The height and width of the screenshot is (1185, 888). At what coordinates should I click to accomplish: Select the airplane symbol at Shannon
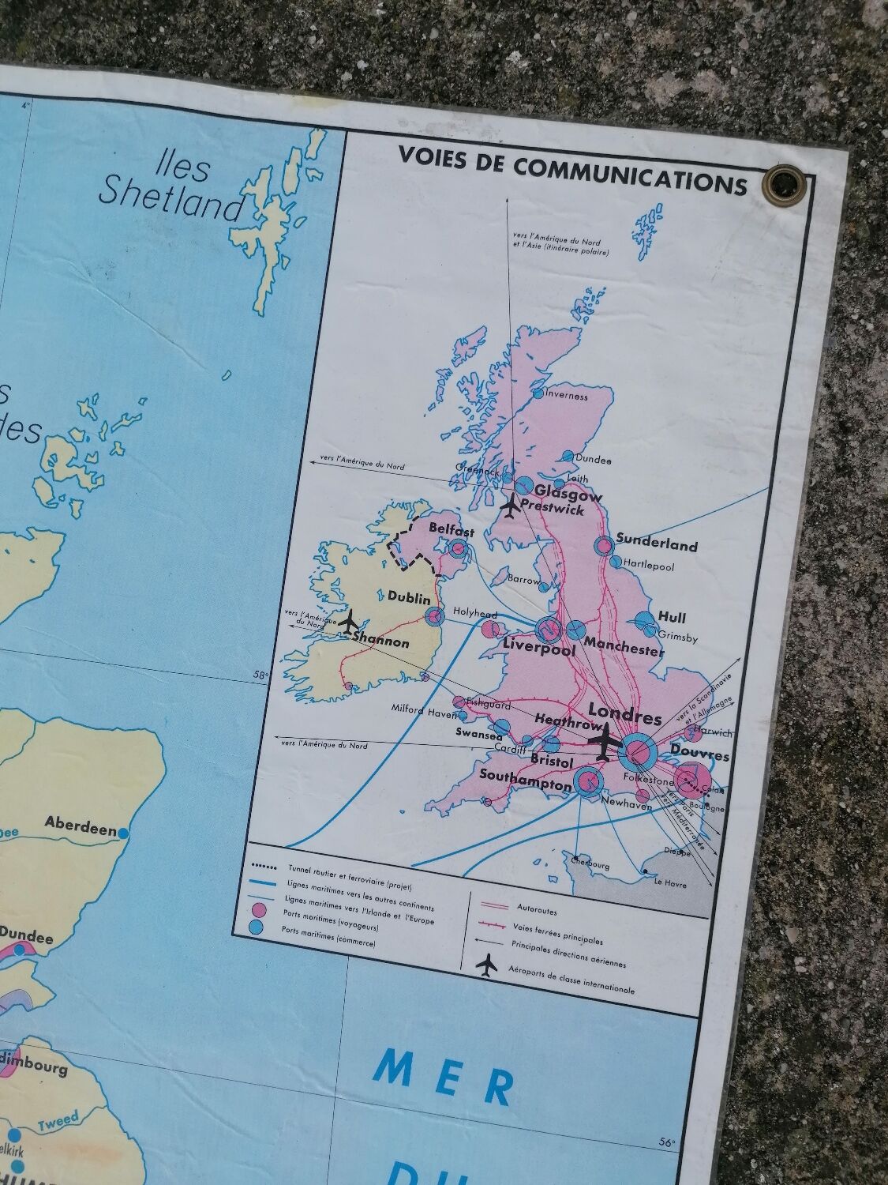(x=348, y=622)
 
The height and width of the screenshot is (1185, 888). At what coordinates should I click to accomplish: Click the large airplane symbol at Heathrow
(x=605, y=742)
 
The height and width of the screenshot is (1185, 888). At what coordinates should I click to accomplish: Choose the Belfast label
(x=451, y=527)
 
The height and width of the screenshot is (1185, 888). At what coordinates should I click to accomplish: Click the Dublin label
(x=409, y=597)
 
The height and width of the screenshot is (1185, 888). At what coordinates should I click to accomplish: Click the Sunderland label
(x=657, y=544)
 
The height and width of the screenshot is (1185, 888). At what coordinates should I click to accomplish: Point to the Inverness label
(x=566, y=396)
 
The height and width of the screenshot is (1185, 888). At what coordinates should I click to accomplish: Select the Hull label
(x=672, y=617)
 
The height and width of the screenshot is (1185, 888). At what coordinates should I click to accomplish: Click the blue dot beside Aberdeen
(x=124, y=832)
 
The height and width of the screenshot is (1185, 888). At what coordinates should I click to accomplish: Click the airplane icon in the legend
(x=489, y=965)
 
